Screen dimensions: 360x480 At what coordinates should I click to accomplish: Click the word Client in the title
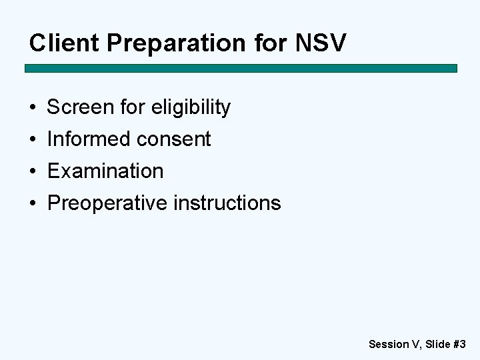[x=63, y=43]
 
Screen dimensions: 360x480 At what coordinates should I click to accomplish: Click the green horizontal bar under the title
[x=241, y=68]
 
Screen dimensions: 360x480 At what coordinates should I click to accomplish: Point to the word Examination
[x=105, y=171]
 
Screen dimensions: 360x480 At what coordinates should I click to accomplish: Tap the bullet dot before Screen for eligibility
[x=32, y=107]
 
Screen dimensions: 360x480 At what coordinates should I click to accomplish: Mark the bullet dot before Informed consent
[x=32, y=139]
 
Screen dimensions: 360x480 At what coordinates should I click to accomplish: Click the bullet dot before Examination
[x=32, y=171]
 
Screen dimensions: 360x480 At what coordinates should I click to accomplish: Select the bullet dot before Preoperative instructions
[x=32, y=203]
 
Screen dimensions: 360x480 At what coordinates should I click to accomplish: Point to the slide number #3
[x=459, y=344]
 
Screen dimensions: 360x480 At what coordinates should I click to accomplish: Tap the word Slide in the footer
[x=437, y=344]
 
